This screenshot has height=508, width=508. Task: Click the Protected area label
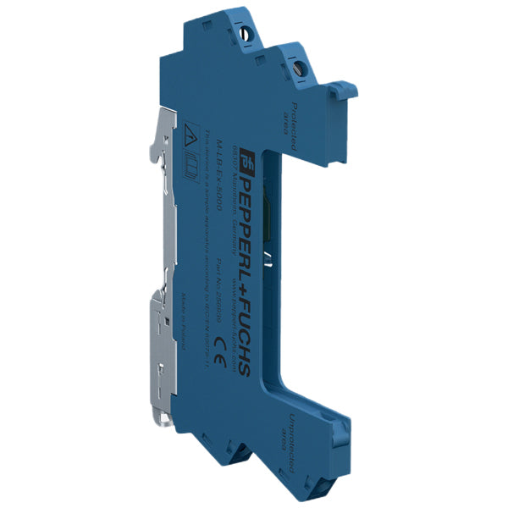pos(290,128)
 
